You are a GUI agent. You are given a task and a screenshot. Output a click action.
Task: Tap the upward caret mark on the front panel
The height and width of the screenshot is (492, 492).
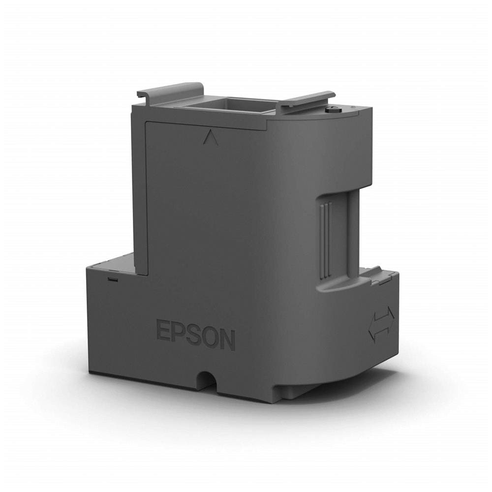210,138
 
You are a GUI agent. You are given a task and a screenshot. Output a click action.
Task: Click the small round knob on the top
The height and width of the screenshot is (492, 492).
331,110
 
